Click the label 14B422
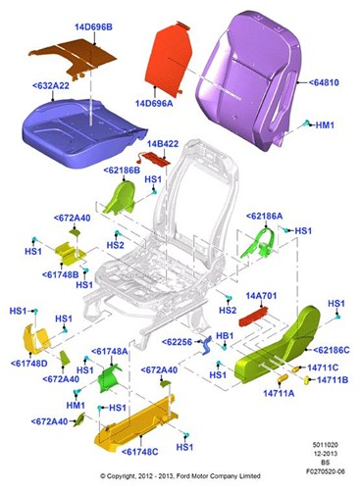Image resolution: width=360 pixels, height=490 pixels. (164, 144)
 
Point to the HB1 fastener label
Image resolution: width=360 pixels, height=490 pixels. (224, 335)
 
